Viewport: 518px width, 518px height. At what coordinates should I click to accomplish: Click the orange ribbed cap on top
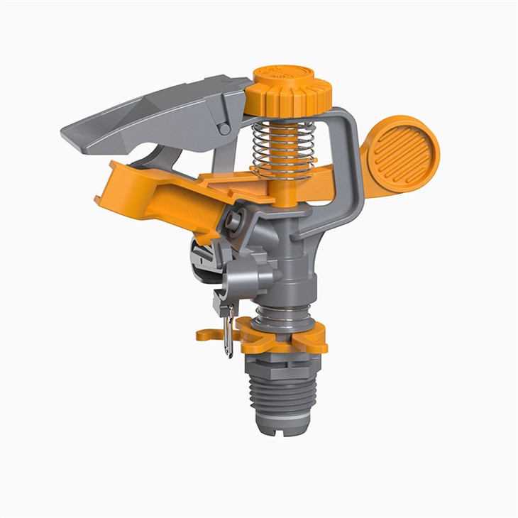click(292, 88)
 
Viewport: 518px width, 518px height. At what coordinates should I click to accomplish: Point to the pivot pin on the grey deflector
click(224, 128)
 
